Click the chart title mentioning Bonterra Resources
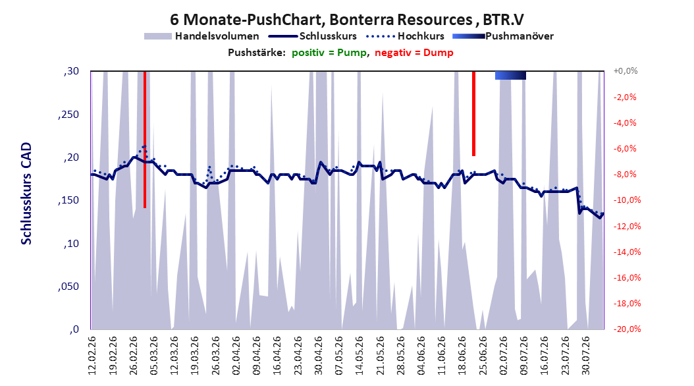(x=347, y=20)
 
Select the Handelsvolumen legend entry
(x=202, y=36)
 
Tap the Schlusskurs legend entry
(x=313, y=36)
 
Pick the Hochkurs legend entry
(x=406, y=36)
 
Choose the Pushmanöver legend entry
(x=503, y=36)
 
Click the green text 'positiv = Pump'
(x=329, y=53)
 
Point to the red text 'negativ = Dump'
(x=414, y=53)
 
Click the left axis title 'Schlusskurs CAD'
(x=26, y=194)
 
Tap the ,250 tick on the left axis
(x=68, y=115)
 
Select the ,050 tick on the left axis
(x=68, y=287)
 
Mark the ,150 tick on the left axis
(x=68, y=200)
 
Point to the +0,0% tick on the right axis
(x=626, y=71)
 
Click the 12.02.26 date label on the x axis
(x=92, y=356)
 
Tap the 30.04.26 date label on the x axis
(x=319, y=356)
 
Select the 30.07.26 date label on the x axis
(x=586, y=356)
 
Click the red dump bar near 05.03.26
(x=145, y=140)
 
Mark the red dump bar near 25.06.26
(x=473, y=113)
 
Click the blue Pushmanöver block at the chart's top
(x=510, y=75)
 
